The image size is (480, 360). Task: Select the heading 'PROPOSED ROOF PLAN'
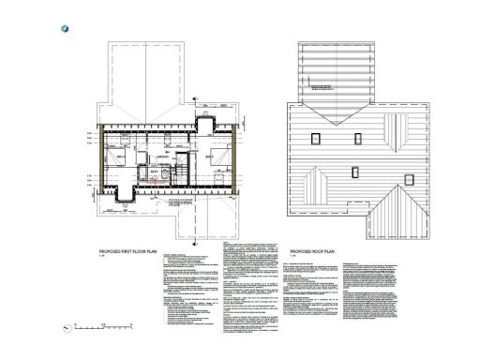click(x=313, y=252)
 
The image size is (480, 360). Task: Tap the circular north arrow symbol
click(x=66, y=328)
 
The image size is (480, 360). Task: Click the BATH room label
click(x=153, y=172)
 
